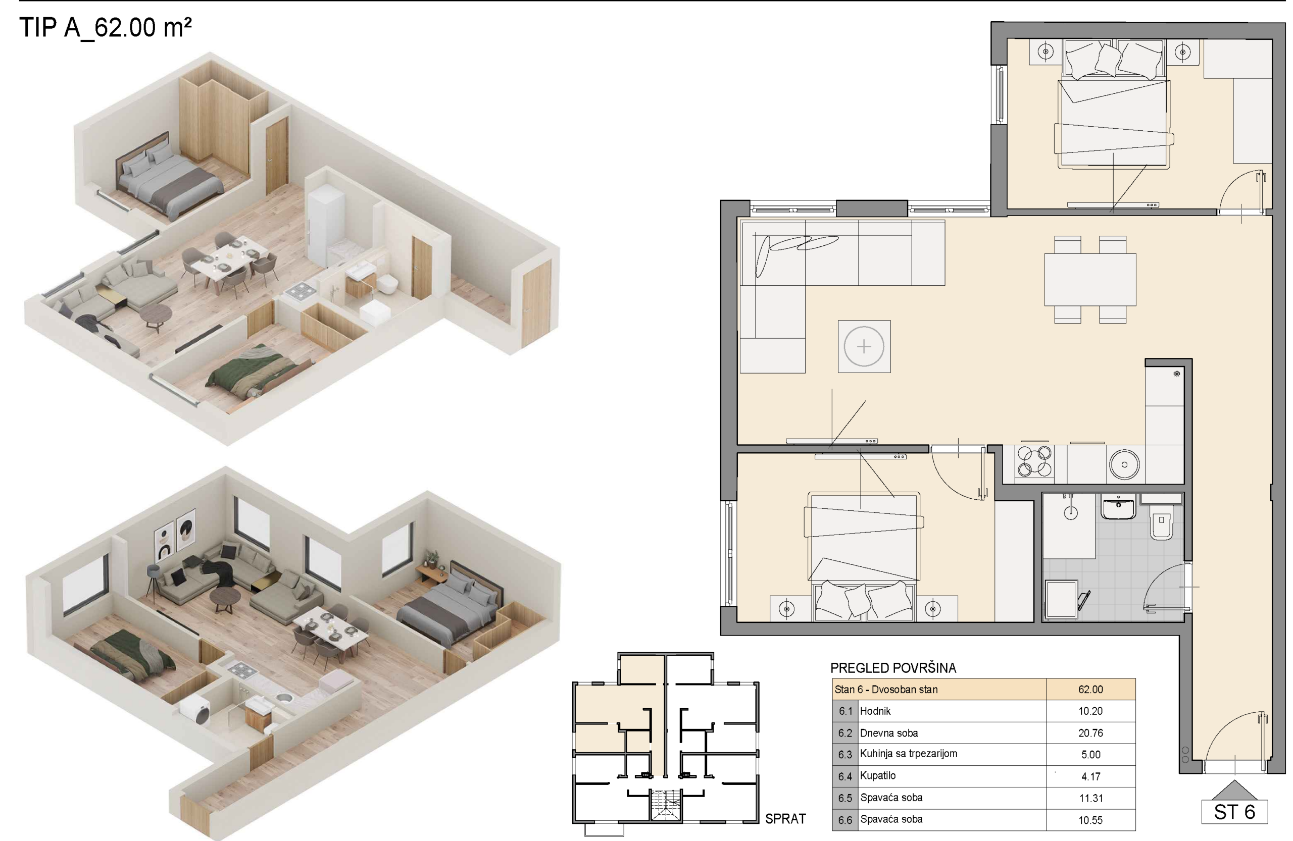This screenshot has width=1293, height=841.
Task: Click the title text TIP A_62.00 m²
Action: [106, 27]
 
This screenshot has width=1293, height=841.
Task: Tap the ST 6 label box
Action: [1234, 812]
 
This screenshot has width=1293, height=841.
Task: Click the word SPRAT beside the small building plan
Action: [785, 819]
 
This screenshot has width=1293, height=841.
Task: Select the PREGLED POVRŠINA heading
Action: [893, 668]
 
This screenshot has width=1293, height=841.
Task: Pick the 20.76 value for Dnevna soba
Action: [1090, 733]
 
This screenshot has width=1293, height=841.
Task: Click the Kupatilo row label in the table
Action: [878, 776]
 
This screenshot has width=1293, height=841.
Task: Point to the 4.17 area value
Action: [1090, 776]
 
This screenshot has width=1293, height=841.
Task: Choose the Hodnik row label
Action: [875, 711]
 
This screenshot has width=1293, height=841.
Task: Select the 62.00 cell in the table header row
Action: [1090, 690]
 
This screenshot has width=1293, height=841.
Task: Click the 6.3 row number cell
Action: [846, 755]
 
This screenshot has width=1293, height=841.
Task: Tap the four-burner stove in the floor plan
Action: [1034, 461]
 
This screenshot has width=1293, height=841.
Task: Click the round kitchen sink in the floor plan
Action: [1124, 465]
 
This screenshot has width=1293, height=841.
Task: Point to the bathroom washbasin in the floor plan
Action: [1118, 506]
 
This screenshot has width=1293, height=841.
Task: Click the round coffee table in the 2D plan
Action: [864, 346]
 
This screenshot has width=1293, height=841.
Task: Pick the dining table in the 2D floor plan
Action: [1090, 280]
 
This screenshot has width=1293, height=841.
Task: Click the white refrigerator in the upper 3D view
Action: [326, 224]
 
